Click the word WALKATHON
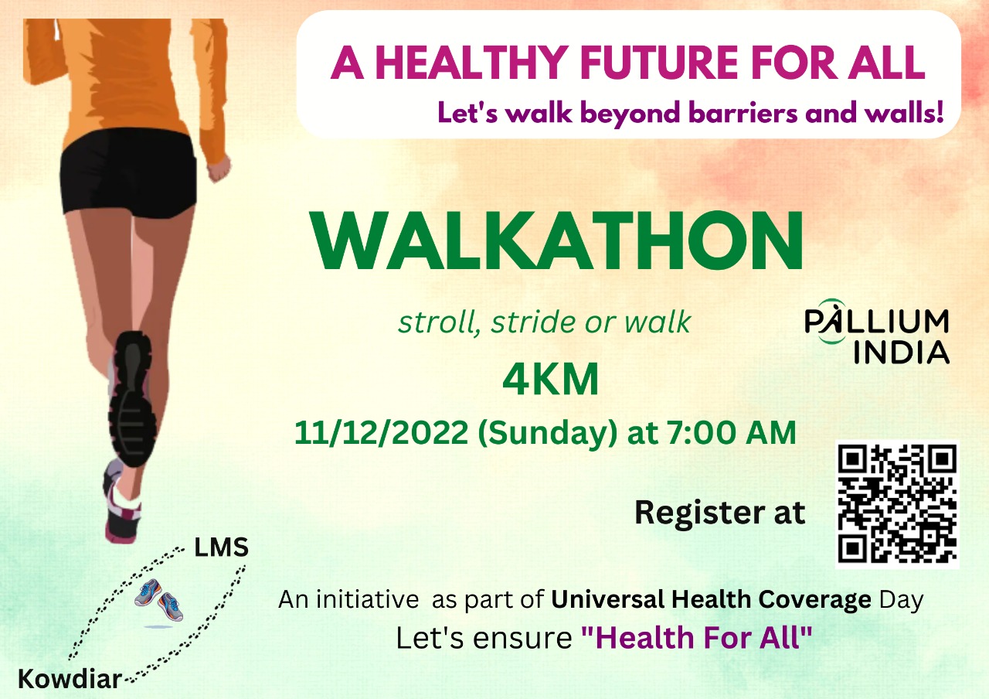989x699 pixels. (x=557, y=240)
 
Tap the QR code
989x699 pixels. (x=898, y=504)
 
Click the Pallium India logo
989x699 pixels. (x=877, y=336)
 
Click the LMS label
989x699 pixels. (x=222, y=548)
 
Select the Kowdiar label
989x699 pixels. (x=70, y=680)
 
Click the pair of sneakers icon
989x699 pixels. (x=158, y=599)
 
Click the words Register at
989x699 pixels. (x=719, y=513)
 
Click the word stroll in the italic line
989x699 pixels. (x=431, y=322)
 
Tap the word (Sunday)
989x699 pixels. (x=546, y=432)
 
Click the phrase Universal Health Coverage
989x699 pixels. (x=711, y=600)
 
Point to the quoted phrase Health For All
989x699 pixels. (x=697, y=639)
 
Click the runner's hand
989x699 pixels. (x=219, y=165)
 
